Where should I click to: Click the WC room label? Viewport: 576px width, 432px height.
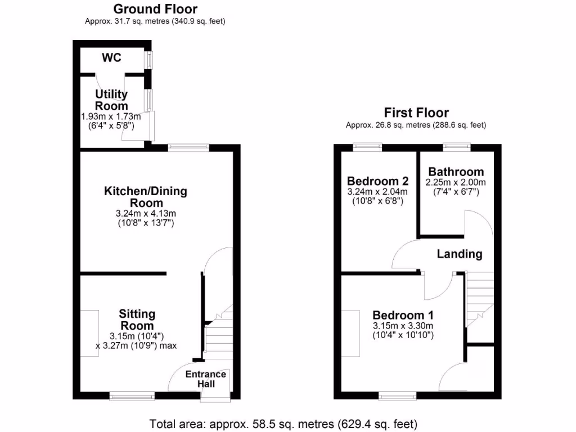(x=111, y=58)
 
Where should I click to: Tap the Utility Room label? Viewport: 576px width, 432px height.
(x=111, y=100)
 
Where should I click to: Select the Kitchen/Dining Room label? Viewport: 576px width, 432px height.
(x=146, y=197)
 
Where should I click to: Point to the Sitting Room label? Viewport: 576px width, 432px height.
(x=137, y=319)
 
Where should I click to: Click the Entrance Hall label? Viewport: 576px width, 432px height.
(x=206, y=379)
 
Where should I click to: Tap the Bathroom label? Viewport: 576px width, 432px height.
(x=456, y=172)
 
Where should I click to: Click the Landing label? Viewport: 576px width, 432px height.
(x=460, y=254)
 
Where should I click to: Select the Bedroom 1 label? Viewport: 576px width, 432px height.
(x=403, y=315)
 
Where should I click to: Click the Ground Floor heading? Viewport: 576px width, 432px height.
(x=155, y=9)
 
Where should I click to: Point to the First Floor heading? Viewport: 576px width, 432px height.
(x=416, y=112)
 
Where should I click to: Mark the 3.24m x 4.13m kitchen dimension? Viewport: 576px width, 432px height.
(x=146, y=214)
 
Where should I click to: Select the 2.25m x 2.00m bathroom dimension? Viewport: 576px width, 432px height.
(x=456, y=182)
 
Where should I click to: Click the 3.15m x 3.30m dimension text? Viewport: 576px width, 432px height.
(x=403, y=326)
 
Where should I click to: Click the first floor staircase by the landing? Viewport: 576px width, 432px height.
(x=479, y=298)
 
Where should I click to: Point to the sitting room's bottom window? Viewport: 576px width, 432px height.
(x=132, y=397)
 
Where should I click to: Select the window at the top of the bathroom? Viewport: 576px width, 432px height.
(x=457, y=147)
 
